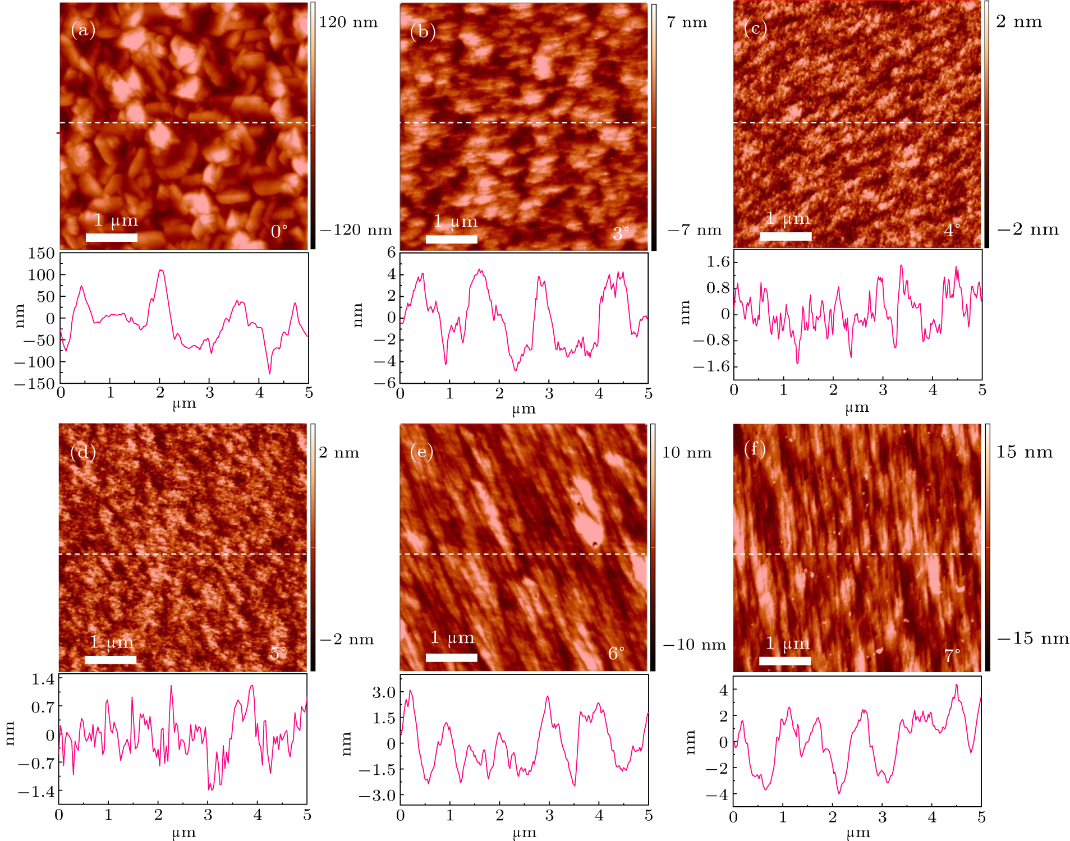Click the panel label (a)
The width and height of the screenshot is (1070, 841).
(x=83, y=30)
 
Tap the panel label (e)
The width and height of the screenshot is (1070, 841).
(x=421, y=451)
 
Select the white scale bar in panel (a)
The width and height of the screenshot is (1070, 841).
(x=112, y=237)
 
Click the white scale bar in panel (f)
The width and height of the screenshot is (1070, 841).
(x=785, y=660)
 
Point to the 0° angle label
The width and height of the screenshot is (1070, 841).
(x=279, y=231)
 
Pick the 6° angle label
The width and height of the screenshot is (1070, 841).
(x=616, y=654)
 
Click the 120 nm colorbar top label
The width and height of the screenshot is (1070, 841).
(x=348, y=22)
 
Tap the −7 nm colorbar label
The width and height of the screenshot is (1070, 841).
(x=694, y=230)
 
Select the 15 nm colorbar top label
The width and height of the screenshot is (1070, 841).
(x=1024, y=452)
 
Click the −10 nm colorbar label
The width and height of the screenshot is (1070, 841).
(x=694, y=645)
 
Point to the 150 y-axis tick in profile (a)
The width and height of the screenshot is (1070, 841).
(x=42, y=254)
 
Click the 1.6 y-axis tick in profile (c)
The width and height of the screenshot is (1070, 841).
(x=718, y=261)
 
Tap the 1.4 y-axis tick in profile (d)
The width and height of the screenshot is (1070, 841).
(x=43, y=679)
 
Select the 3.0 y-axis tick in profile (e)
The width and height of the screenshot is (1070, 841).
(x=384, y=692)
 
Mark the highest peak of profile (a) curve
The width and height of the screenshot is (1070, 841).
(x=161, y=270)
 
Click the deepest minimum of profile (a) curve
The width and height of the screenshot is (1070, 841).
(x=269, y=374)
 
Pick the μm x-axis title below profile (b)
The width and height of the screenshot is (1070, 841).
(x=523, y=409)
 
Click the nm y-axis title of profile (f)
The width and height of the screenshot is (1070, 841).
(x=690, y=742)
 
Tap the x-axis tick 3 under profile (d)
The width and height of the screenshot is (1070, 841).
(x=208, y=815)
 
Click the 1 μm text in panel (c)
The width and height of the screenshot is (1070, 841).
(x=788, y=218)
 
